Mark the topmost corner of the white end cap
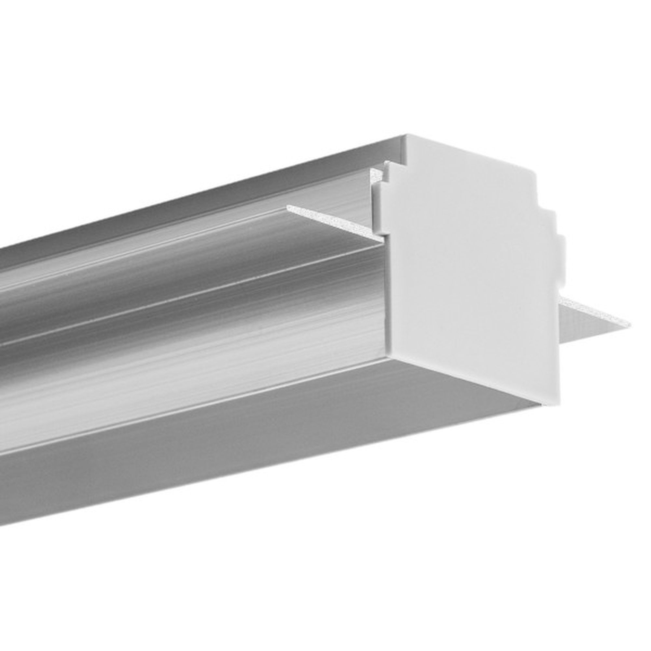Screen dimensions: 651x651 [407, 135]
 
